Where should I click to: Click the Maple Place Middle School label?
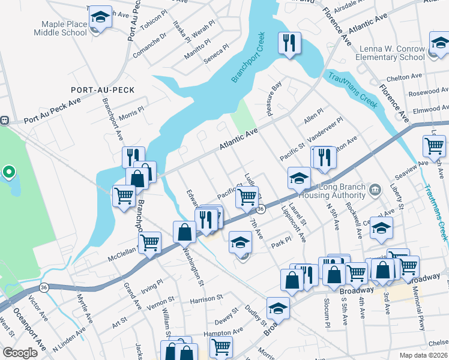pyautogui.click(x=64, y=28)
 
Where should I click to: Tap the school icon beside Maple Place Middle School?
pyautogui.click(x=100, y=18)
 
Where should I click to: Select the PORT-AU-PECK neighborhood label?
pyautogui.click(x=102, y=89)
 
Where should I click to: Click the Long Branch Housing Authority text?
pyautogui.click(x=342, y=191)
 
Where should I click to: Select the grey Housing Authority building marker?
pyautogui.click(x=375, y=190)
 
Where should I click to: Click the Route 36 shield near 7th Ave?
pyautogui.click(x=261, y=209)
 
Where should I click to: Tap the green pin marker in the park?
pyautogui.click(x=8, y=173)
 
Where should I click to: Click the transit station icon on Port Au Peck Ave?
pyautogui.click(x=3, y=120)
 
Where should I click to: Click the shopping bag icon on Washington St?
pyautogui.click(x=184, y=232)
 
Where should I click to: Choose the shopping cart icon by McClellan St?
pyautogui.click(x=149, y=242)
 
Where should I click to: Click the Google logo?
pyautogui.click(x=20, y=353)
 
